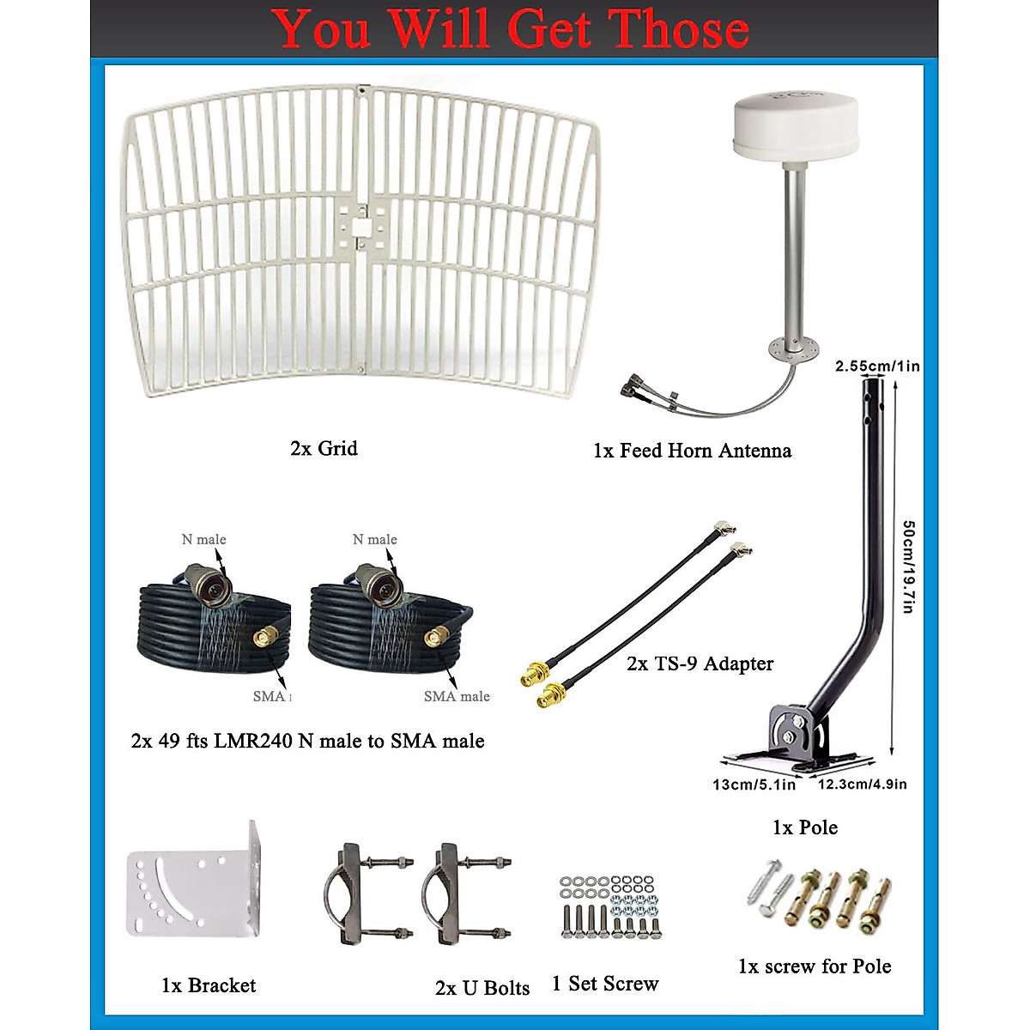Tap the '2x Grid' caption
point(324,448)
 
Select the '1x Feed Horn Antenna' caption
point(692,451)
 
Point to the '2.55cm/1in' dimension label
point(877,367)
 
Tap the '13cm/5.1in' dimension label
point(754,785)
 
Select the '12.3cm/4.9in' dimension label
point(862,784)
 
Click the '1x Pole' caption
point(804,827)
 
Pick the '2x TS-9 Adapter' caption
point(700,663)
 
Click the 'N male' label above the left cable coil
point(203,539)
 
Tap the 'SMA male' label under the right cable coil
point(457,696)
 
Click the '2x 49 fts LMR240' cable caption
point(307,741)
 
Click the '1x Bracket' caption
point(209,985)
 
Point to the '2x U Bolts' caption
point(482,988)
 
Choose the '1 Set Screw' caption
point(605,984)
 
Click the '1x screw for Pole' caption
point(815,966)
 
